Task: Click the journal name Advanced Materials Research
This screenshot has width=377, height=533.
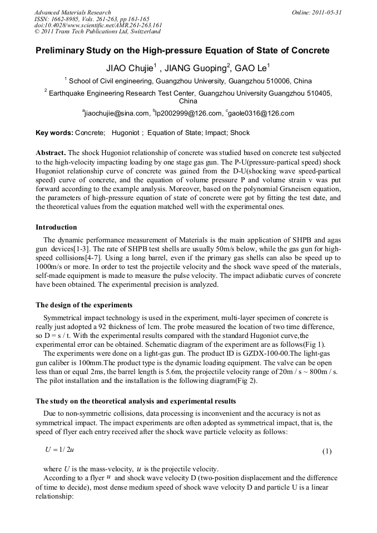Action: pos(73,12)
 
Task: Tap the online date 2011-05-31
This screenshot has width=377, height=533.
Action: pos(325,12)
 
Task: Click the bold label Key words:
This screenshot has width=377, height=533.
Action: pos(54,133)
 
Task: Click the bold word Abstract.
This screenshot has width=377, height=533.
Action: pos(51,153)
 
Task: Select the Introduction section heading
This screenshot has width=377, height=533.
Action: pos(56,227)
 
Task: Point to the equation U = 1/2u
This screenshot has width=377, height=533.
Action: pos(59,450)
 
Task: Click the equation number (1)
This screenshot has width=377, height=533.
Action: pos(327,451)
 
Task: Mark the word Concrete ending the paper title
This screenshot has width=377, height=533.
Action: pos(310,51)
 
